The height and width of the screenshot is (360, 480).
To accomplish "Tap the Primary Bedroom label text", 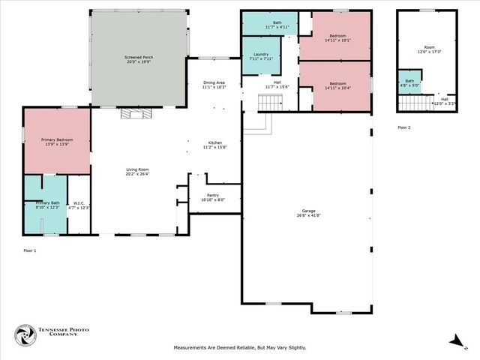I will click(x=56, y=141).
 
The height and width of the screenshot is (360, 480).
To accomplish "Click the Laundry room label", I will click(x=261, y=55).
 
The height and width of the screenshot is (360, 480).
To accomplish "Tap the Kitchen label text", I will click(x=215, y=144).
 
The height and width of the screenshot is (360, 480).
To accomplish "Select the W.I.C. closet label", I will click(x=79, y=204).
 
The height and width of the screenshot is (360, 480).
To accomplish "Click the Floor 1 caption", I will click(x=29, y=250).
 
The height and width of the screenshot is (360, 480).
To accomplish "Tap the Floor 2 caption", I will click(x=404, y=127).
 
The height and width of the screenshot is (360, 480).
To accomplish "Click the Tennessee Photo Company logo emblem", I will click(x=26, y=334).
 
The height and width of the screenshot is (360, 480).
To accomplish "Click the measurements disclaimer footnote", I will click(x=240, y=347).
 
